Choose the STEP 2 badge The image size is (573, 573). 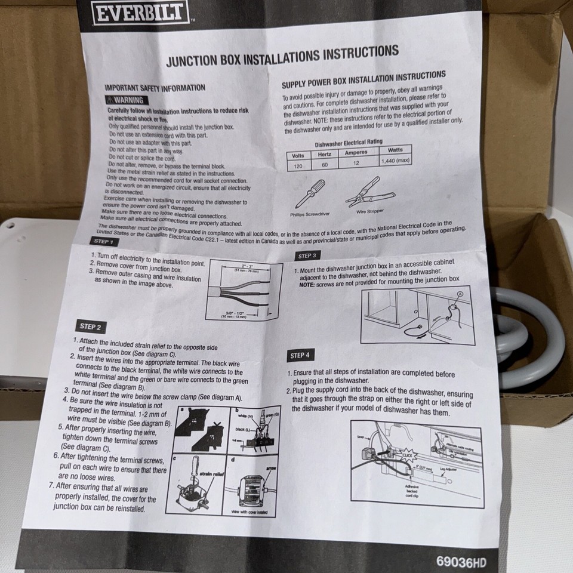[90, 326]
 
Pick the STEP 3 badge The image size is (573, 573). [306, 255]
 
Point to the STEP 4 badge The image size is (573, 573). [300, 356]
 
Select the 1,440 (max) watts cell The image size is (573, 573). [395, 160]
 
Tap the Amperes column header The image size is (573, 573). [356, 153]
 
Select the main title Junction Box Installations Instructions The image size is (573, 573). [282, 56]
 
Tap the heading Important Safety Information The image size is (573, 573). [155, 88]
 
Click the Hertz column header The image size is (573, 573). [325, 154]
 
